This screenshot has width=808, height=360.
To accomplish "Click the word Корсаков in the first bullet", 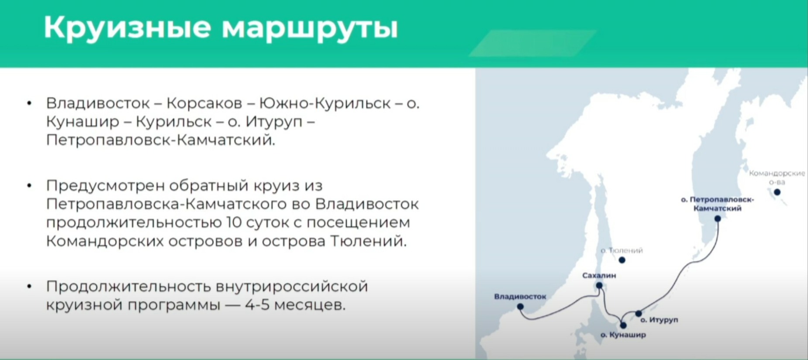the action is point(204,103).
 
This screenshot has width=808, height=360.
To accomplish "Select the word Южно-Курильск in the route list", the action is point(325,103).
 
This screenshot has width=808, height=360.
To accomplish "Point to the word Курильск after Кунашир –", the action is point(174,122).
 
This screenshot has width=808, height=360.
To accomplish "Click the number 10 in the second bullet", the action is point(234,222).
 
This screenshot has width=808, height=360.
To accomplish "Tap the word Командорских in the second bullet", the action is point(105,241).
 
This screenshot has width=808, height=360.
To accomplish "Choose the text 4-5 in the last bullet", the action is point(258,305).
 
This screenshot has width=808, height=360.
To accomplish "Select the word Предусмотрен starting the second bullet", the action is point(105,186).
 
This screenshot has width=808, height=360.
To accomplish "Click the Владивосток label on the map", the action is point(520,297).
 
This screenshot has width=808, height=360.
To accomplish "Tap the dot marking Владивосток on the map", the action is point(520,307).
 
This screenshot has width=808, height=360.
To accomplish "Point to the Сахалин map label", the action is point(599,276).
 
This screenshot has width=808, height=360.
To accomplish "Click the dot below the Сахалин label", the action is point(599,286).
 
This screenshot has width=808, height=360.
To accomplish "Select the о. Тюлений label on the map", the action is point(622,250).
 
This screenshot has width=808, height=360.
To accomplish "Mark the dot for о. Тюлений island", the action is point(622,260).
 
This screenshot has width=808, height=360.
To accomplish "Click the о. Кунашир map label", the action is point(623,335).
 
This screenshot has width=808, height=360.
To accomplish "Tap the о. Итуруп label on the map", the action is point(659,320).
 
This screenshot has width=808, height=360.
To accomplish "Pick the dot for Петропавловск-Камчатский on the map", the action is point(718,218).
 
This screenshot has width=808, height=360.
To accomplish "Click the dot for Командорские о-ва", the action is point(777,192).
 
